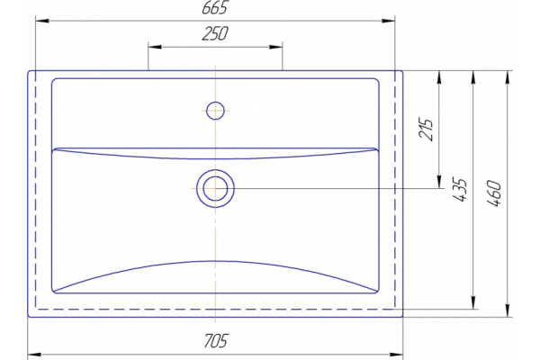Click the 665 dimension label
tap(215, 8)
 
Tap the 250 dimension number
tap(215, 33)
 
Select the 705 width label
tap(216, 341)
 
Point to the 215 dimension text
tap(426, 130)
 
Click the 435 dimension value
tap(460, 190)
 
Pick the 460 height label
tap(493, 193)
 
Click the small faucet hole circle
tap(215, 111)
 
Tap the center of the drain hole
tap(215, 188)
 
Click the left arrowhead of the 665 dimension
tap(42, 21)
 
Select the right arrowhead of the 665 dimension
tap(389, 21)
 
